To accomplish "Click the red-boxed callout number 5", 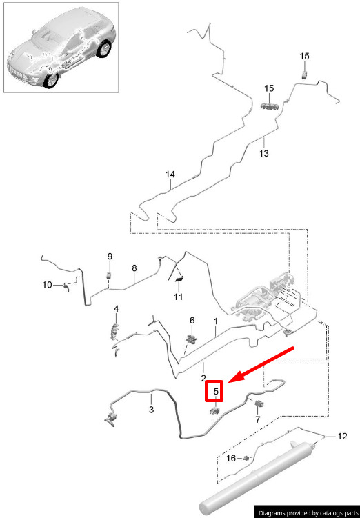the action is [216, 392].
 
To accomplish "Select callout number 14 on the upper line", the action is [170, 175].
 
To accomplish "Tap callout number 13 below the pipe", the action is [264, 153].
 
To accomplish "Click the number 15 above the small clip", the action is [305, 56].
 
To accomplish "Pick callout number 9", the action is [110, 257].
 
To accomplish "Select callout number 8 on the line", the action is [134, 268].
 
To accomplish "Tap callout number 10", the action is [47, 284].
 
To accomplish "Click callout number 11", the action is [178, 297].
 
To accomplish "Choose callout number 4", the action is [116, 309].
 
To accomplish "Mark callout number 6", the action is [192, 321].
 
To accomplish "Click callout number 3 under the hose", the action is [151, 410].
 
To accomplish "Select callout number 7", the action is [258, 419].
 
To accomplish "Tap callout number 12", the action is [343, 437].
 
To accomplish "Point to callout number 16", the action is [231, 459].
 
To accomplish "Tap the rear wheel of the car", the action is [105, 50].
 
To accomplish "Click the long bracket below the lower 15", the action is [270, 106].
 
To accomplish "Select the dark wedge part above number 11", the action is [180, 279].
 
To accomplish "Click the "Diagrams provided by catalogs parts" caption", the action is [308, 512].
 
